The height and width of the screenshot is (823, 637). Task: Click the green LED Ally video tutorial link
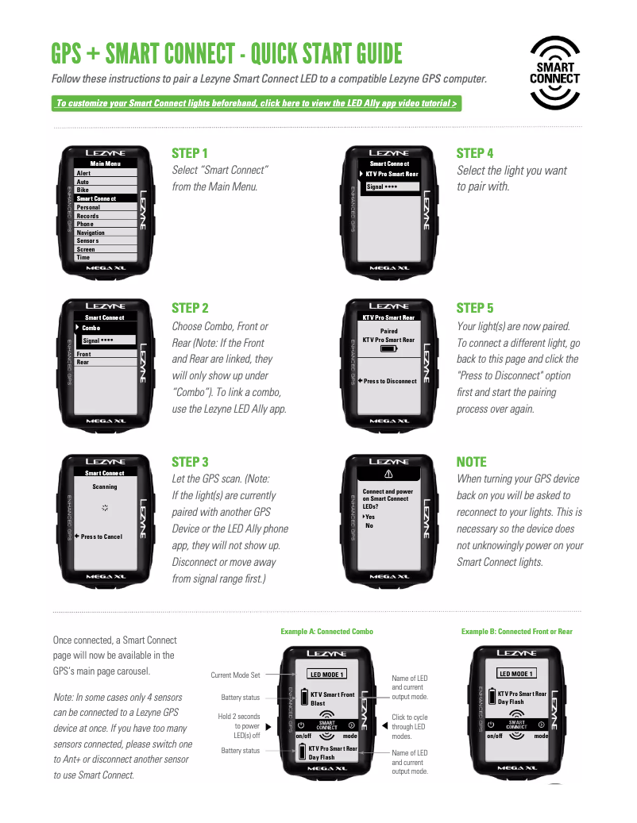pyautogui.click(x=257, y=103)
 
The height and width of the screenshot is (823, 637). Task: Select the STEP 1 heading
pyautogui.click(x=190, y=153)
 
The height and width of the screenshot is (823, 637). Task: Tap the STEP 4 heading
pyautogui.click(x=474, y=153)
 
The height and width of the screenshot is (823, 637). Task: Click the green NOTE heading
pyautogui.click(x=471, y=462)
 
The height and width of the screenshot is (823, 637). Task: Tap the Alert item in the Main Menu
pyautogui.click(x=83, y=173)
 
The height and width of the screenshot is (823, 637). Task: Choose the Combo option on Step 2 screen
pyautogui.click(x=91, y=328)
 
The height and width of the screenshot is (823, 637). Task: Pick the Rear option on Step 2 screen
pyautogui.click(x=83, y=363)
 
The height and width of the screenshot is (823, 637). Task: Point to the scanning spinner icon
pyautogui.click(x=105, y=506)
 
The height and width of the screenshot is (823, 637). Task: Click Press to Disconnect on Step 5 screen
pyautogui.click(x=389, y=381)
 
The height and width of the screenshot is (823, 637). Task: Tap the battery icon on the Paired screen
pyautogui.click(x=388, y=348)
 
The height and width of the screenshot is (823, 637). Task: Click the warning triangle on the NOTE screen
pyautogui.click(x=388, y=473)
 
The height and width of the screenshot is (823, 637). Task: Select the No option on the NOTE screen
pyautogui.click(x=369, y=525)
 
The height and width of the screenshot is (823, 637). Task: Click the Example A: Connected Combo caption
pyautogui.click(x=326, y=632)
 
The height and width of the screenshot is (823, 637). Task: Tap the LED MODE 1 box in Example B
pyautogui.click(x=516, y=674)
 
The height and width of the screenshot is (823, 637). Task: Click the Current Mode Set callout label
pyautogui.click(x=235, y=675)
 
